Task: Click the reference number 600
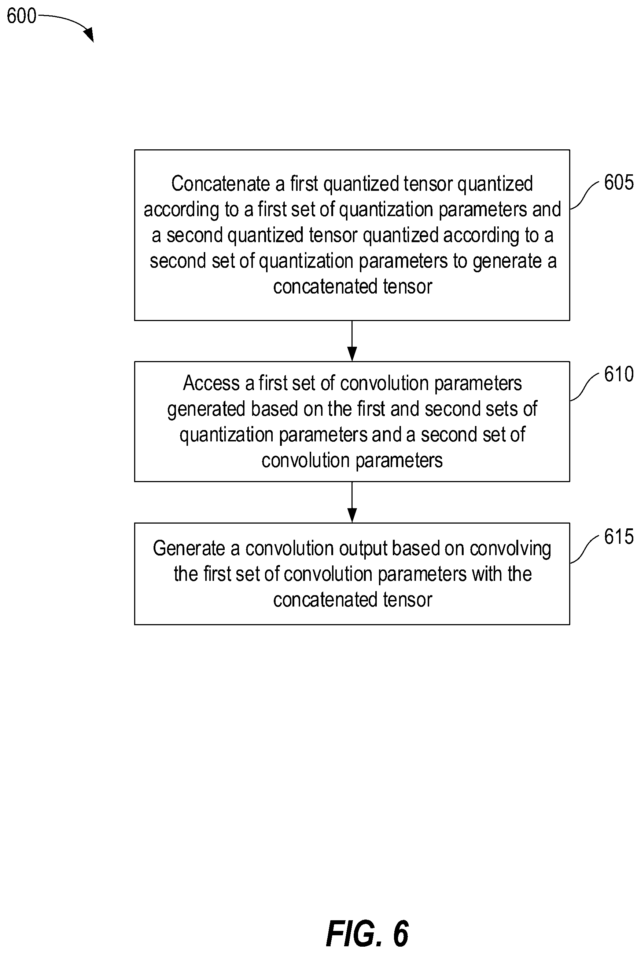(22, 16)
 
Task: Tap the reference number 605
(619, 182)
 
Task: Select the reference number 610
(619, 374)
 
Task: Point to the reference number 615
(619, 536)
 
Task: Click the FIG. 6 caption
(367, 934)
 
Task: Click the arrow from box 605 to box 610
(352, 341)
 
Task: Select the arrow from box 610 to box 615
(352, 502)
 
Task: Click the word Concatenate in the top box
(220, 183)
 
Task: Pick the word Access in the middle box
(211, 383)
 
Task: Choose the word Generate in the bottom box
(188, 549)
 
